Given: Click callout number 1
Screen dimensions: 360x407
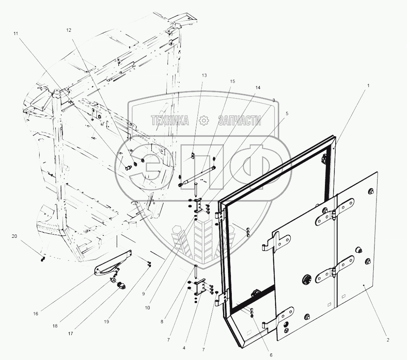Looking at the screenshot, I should (x=368, y=85).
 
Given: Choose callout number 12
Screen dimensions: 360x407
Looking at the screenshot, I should (x=68, y=30).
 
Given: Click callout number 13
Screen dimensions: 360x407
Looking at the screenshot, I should (x=205, y=75).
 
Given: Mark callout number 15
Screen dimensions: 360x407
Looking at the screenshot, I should (x=233, y=82).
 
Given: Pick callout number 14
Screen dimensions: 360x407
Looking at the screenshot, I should (x=258, y=88).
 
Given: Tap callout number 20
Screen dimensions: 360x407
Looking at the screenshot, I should (x=14, y=236).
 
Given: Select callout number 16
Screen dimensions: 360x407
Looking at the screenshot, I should (x=35, y=314).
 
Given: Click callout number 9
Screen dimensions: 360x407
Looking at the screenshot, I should (x=144, y=294).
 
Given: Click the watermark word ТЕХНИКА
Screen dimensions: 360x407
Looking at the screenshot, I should (x=170, y=120).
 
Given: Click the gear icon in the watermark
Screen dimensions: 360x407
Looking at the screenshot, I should (x=203, y=120).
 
